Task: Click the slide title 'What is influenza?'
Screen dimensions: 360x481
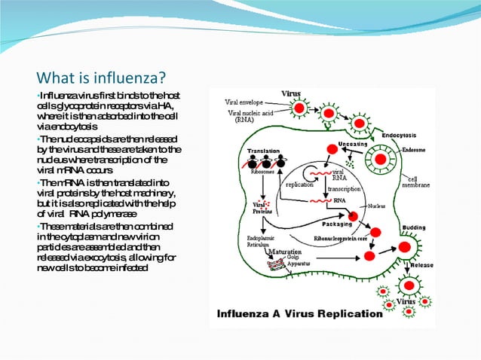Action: point(101,78)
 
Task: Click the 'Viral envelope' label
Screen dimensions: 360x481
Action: point(248,102)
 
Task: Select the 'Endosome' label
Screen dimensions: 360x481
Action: point(415,150)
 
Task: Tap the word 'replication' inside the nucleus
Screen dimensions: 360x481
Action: point(301,183)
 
